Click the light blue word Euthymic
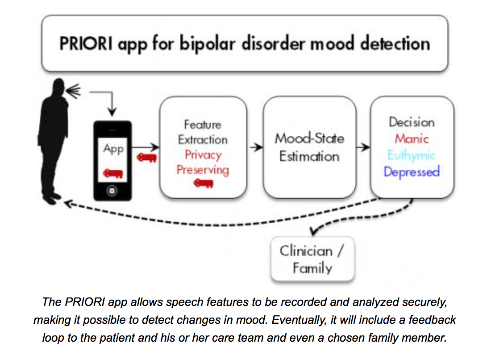[411, 155]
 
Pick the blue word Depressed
[412, 172]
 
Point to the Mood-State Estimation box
[309, 147]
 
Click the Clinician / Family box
[312, 259]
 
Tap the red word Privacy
[203, 155]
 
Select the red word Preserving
[203, 170]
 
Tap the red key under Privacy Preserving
[203, 183]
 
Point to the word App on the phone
[113, 149]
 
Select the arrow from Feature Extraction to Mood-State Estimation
[256, 147]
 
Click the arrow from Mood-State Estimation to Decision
[364, 147]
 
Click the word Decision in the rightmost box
[412, 122]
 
